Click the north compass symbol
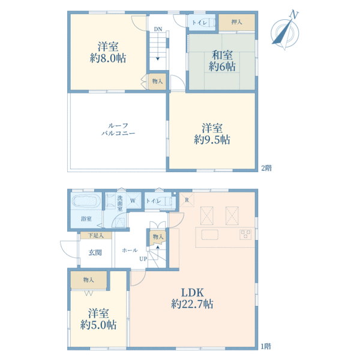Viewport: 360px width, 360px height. pyautogui.click(x=285, y=32)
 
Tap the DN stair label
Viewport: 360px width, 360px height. pyautogui.click(x=158, y=29)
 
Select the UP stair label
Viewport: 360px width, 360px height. pyautogui.click(x=143, y=259)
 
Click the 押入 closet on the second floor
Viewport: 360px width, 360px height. pyautogui.click(x=236, y=22)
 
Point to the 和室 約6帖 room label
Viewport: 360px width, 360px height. pyautogui.click(x=222, y=61)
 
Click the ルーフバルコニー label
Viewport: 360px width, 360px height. pyautogui.click(x=118, y=129)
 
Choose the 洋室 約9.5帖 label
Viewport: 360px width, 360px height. pyautogui.click(x=212, y=134)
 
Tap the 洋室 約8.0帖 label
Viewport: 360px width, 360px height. pyautogui.click(x=108, y=52)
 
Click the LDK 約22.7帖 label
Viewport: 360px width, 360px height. pyautogui.click(x=192, y=298)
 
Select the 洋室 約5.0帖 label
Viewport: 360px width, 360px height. pyautogui.click(x=98, y=319)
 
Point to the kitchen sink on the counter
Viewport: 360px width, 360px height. pyautogui.click(x=210, y=235)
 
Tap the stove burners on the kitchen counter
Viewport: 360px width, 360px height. pyautogui.click(x=245, y=235)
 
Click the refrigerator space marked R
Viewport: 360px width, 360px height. pyautogui.click(x=187, y=200)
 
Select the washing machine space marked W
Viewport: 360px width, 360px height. pyautogui.click(x=133, y=200)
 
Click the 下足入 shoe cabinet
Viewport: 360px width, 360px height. pyautogui.click(x=96, y=235)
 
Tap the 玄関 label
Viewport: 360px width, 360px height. pyautogui.click(x=95, y=253)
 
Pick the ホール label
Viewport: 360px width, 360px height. pyautogui.click(x=130, y=250)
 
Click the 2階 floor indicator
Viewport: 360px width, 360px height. pyautogui.click(x=266, y=168)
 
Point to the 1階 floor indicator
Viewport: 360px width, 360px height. pyautogui.click(x=266, y=346)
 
